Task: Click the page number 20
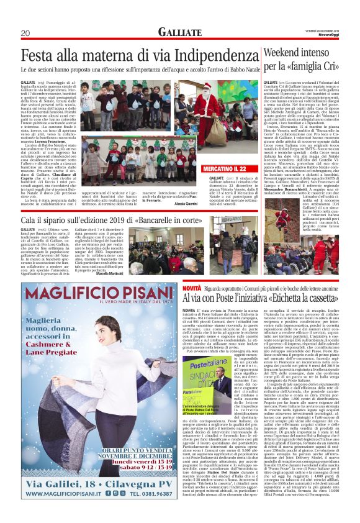click(25, 32)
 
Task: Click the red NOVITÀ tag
click(192, 289)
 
